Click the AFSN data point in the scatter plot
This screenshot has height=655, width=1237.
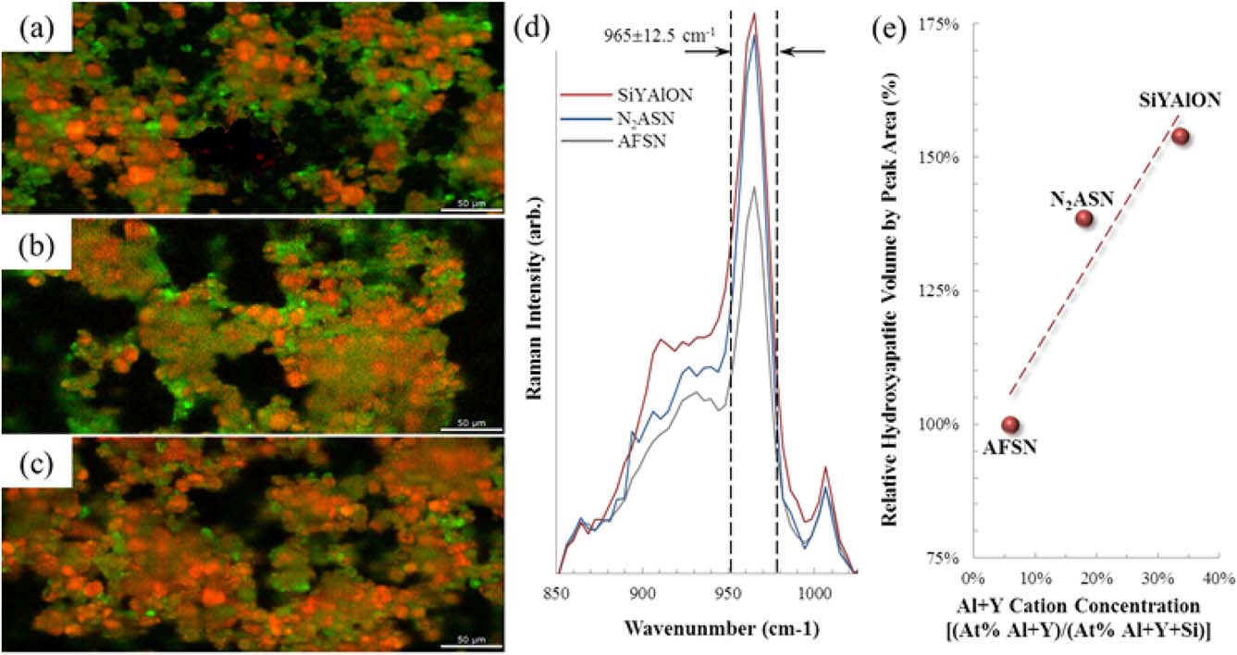1010,425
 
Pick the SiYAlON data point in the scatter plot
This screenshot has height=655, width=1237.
1180,137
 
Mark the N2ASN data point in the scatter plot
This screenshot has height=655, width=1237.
1084,218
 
